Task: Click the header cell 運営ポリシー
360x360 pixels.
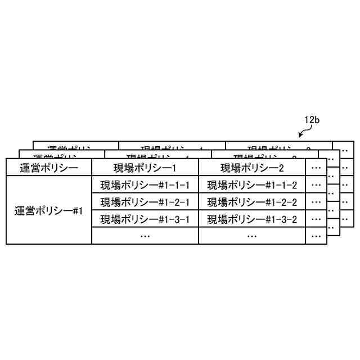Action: pos(48,168)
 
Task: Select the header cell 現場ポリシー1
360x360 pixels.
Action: pos(145,168)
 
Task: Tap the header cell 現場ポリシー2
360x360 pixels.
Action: pos(252,168)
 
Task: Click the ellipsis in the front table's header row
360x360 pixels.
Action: pos(316,168)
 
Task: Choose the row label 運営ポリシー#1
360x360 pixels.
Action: pos(48,211)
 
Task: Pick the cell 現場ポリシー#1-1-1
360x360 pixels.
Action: pos(145,185)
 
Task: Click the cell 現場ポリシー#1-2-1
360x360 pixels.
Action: pos(145,202)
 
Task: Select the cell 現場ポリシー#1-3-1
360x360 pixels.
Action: pos(145,219)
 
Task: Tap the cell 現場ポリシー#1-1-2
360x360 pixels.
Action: pos(252,185)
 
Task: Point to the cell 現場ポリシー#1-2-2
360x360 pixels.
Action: pos(252,202)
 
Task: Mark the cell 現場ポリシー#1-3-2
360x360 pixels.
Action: pos(252,219)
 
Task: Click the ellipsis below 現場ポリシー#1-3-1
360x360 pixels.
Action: pos(145,236)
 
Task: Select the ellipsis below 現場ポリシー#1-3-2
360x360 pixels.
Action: pos(252,236)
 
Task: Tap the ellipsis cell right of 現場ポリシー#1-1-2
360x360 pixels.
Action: pos(316,185)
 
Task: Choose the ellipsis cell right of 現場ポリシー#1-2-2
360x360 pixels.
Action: pos(316,202)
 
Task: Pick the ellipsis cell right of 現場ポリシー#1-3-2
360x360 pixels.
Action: pos(316,219)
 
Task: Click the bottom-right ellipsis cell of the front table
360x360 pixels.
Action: pos(316,236)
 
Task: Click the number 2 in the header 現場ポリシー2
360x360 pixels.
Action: pos(281,168)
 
